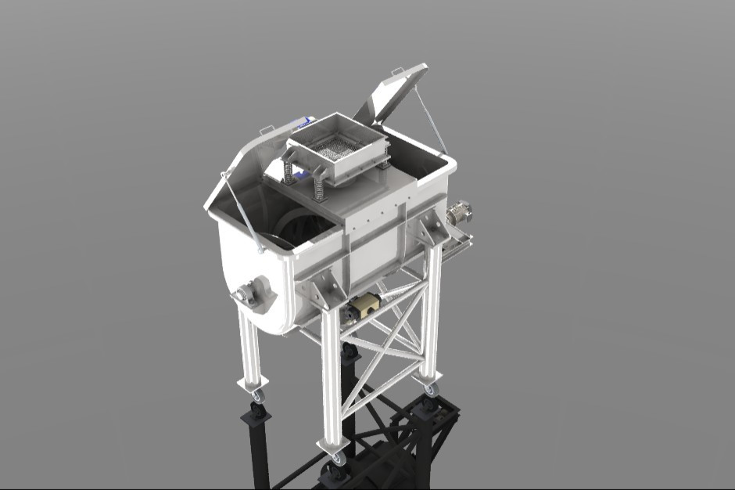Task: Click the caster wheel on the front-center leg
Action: pos(338,459)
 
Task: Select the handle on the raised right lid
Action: pos(399,72)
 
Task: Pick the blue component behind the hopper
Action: pos(303,121)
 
